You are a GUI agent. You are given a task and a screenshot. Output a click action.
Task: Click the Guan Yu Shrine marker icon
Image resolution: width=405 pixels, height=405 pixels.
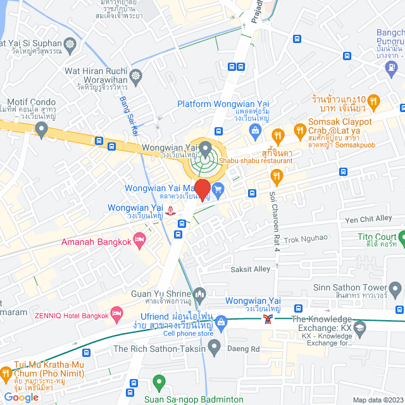(200, 294)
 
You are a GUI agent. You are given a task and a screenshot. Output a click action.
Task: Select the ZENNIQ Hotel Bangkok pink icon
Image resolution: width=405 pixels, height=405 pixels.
(116, 313)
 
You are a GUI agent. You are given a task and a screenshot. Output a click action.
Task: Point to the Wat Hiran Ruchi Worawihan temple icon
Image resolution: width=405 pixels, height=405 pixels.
(137, 77)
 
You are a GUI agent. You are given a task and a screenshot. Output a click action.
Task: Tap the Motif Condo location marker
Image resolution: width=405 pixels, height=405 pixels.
(42, 131)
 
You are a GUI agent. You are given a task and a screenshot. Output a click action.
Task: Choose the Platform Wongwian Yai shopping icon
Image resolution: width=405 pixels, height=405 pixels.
(256, 131)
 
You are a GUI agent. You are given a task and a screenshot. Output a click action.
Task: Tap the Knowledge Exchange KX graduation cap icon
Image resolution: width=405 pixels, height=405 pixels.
(360, 327)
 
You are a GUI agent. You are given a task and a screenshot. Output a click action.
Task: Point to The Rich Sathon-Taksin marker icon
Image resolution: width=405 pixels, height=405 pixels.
(215, 346)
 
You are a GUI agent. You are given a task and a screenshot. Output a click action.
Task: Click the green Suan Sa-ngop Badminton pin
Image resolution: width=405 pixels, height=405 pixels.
(159, 383)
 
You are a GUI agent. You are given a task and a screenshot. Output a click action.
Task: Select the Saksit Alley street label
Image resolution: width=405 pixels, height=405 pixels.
(250, 269)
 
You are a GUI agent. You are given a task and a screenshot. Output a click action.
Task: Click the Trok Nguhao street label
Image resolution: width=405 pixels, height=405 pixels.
(306, 239)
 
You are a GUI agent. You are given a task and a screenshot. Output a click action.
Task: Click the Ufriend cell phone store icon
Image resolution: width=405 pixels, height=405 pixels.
(220, 321)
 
